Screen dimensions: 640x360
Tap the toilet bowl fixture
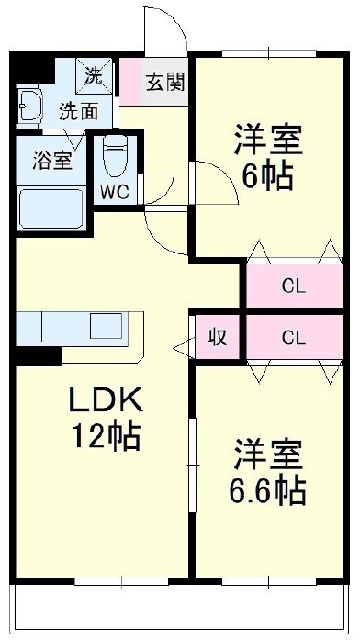[116, 156]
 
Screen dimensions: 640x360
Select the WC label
[115, 193]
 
